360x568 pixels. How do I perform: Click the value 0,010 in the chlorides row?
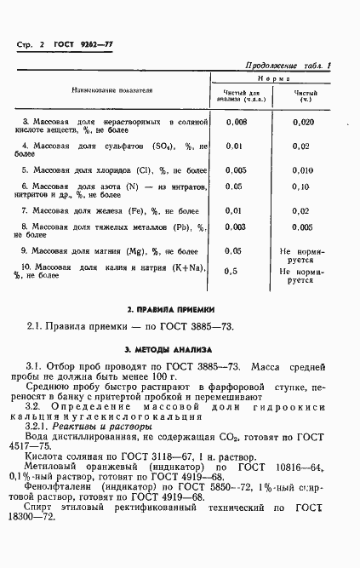[x=302, y=169]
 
